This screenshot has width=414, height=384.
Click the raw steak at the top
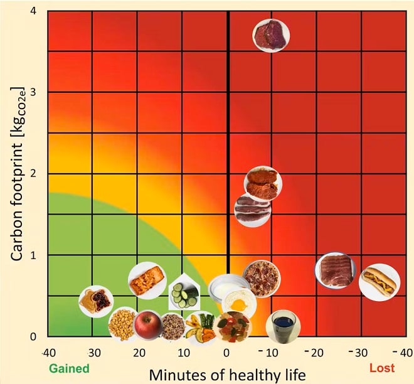click(271, 35)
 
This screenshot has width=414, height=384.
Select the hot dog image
click(379, 282)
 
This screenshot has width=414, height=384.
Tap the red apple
click(147, 324)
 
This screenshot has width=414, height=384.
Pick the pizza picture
click(261, 278)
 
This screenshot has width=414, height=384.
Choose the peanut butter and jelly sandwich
click(96, 301)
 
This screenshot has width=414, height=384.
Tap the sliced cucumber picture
click(184, 294)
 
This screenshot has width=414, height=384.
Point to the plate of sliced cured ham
click(336, 270)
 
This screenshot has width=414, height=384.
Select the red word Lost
click(381, 368)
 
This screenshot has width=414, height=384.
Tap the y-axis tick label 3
click(33, 92)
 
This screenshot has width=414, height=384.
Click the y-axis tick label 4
click(33, 11)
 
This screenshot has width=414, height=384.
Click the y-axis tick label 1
click(33, 255)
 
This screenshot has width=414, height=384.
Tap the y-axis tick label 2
click(33, 174)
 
